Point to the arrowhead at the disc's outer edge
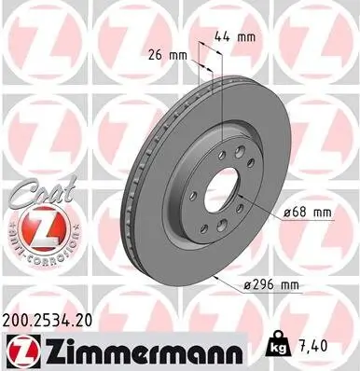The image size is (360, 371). click(214, 277)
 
